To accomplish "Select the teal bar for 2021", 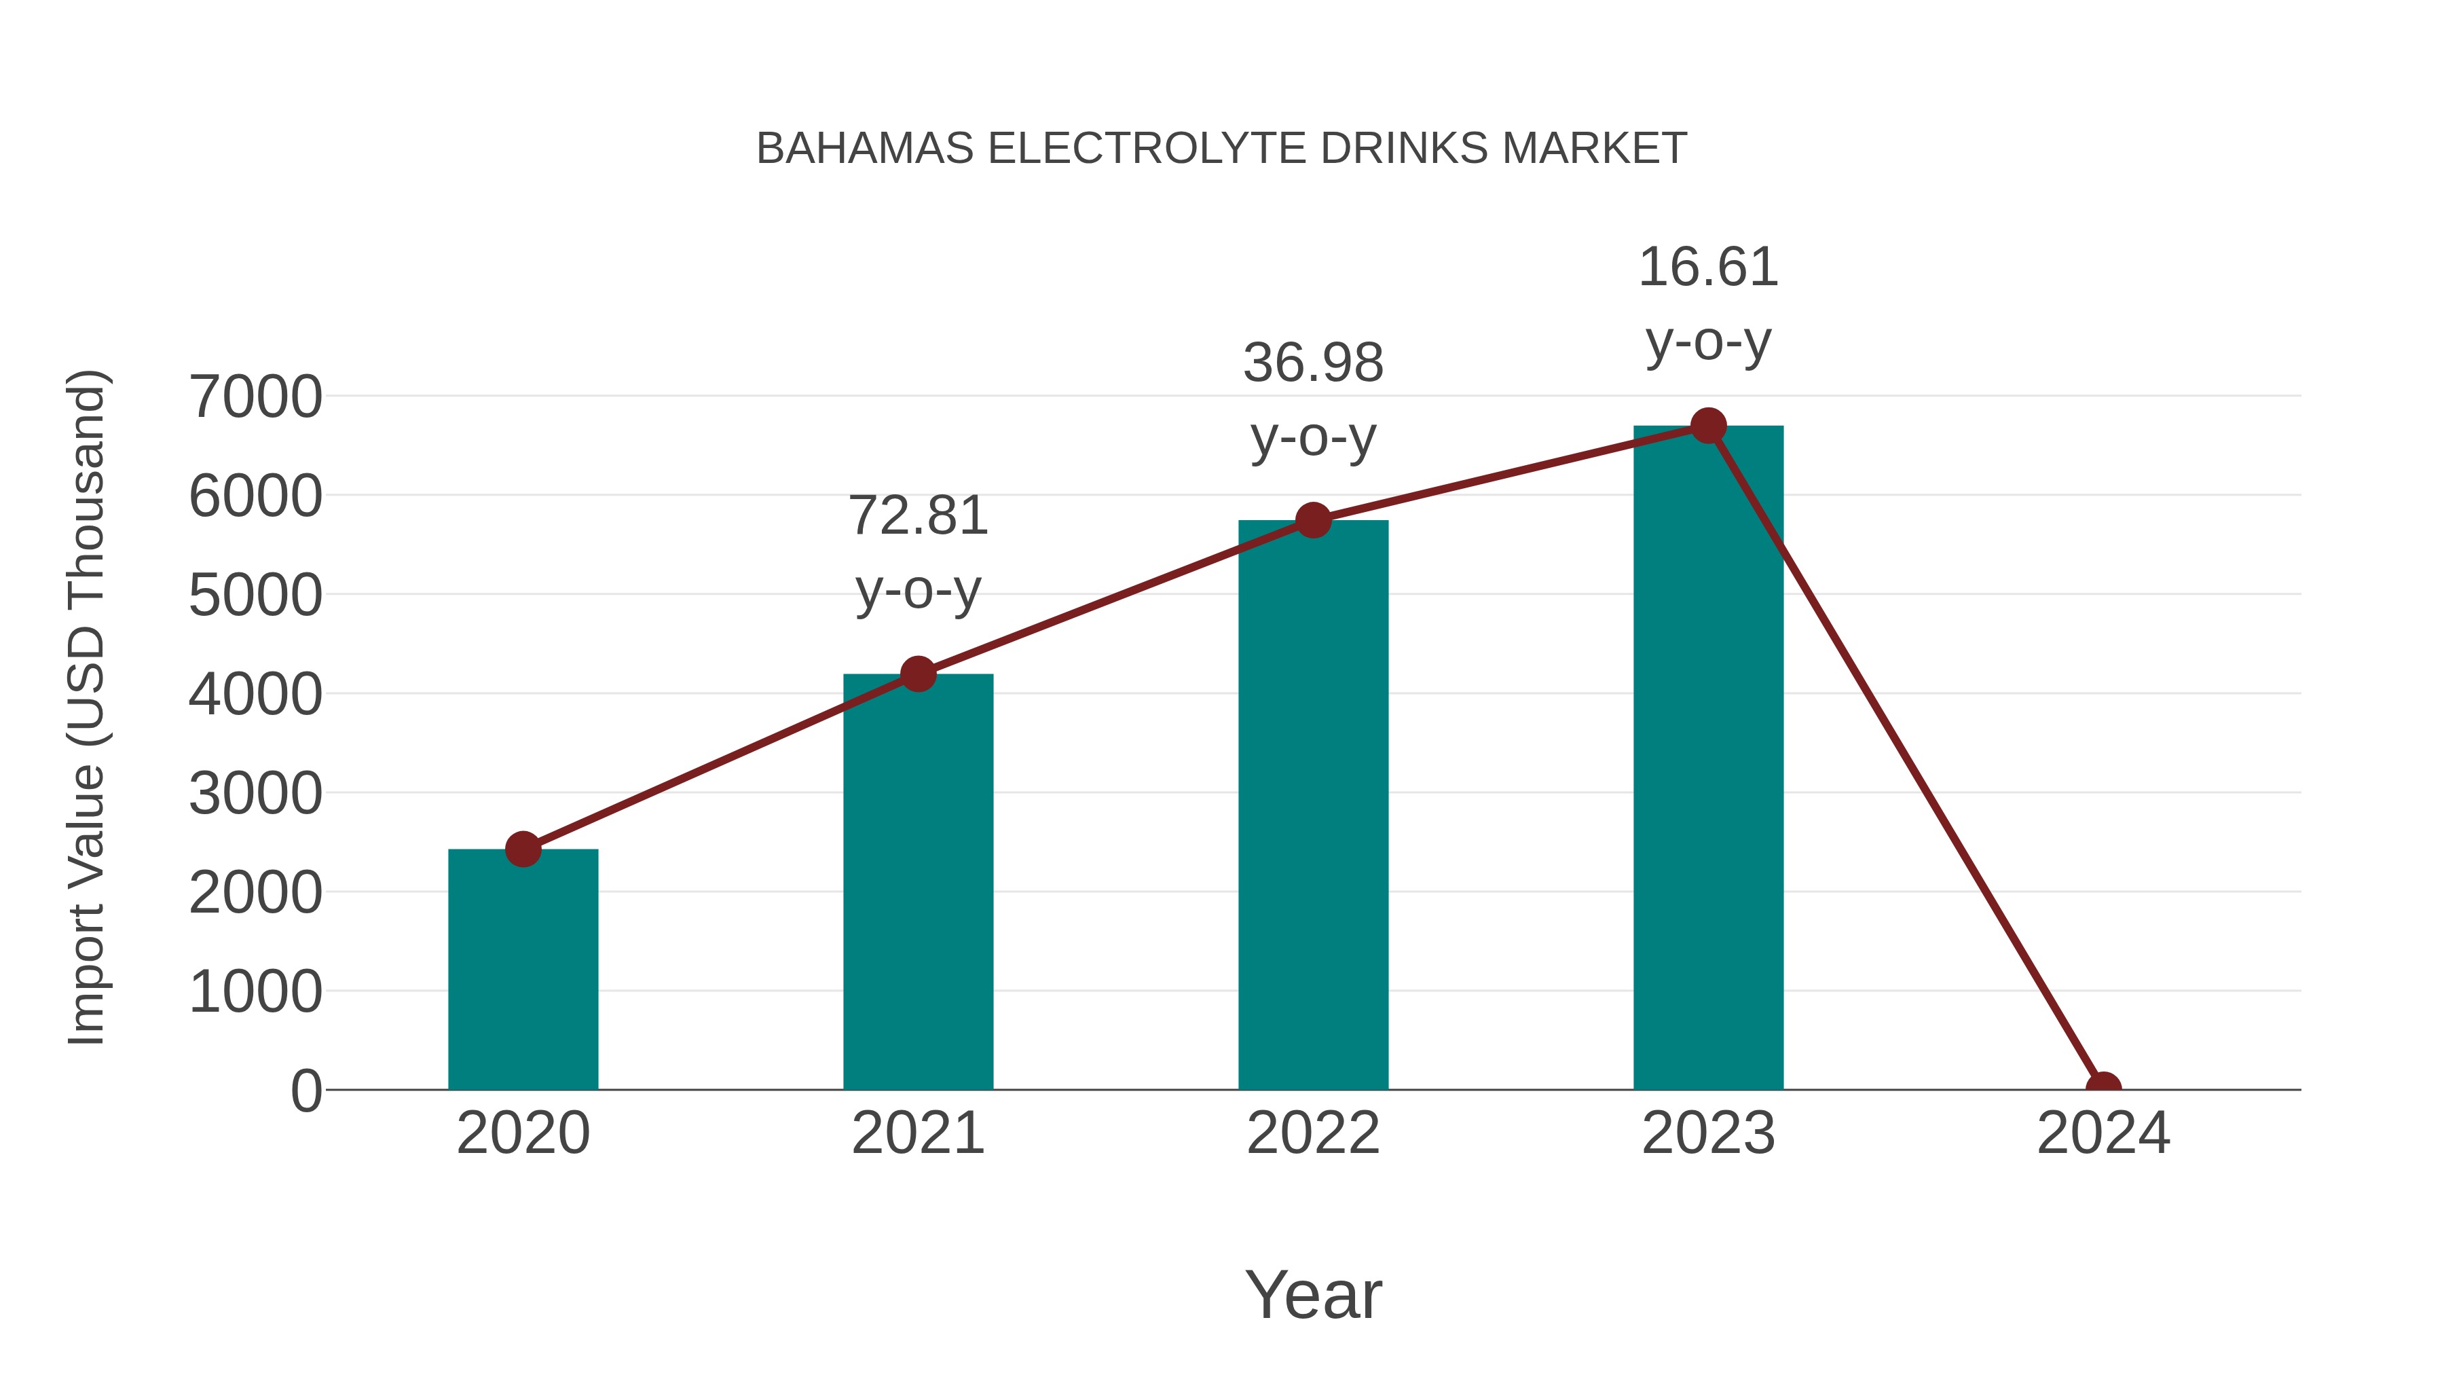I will (917, 883).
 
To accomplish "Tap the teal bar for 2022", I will (1313, 807).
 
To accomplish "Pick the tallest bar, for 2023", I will (1708, 759).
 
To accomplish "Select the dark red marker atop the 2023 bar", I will (1708, 426).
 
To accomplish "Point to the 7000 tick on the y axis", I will (255, 397).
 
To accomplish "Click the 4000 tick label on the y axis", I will (255, 695).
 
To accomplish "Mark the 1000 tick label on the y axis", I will (255, 993).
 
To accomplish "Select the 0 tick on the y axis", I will (305, 1091).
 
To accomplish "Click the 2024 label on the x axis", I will (2103, 1133).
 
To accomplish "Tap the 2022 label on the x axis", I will (1313, 1133).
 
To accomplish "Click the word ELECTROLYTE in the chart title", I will (1146, 148).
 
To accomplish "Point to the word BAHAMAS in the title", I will (864, 148).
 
